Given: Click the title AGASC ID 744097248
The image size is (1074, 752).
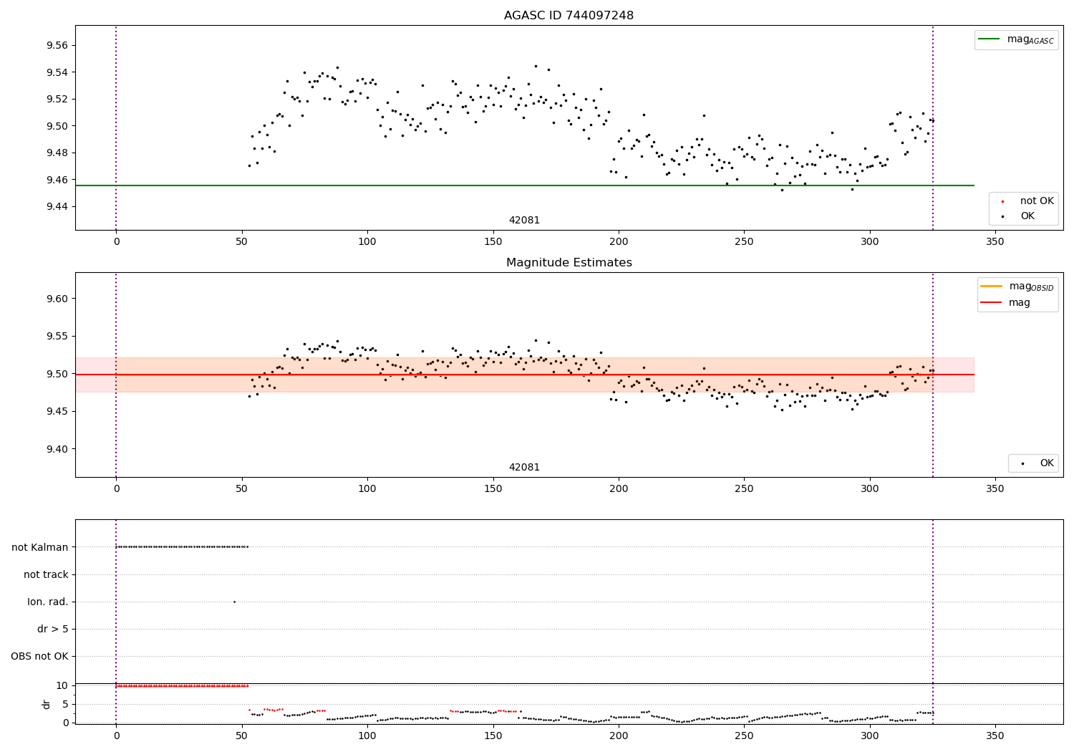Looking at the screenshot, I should (x=569, y=16).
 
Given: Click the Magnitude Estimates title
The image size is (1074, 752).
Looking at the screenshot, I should (x=569, y=263).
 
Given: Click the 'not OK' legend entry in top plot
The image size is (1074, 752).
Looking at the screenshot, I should (x=1036, y=201).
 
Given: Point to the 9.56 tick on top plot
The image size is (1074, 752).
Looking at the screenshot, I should (x=57, y=45).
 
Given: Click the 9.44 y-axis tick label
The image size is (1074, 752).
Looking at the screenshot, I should (x=57, y=206).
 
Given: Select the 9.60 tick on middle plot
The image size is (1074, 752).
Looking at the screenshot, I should (x=57, y=299).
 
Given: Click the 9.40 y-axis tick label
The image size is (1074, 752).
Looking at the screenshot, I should (x=57, y=449).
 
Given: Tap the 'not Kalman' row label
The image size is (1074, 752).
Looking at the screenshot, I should (x=40, y=547).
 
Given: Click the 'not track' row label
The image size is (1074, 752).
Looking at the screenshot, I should (x=46, y=574).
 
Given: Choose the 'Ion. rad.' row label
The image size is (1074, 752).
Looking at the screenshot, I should (x=48, y=602).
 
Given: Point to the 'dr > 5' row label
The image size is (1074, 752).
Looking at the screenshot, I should (x=53, y=629).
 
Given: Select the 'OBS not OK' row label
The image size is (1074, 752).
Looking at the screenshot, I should (x=40, y=656).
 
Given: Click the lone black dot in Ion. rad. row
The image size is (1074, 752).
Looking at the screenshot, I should (x=234, y=602).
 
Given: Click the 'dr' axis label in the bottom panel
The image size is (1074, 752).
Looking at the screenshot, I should (x=47, y=704).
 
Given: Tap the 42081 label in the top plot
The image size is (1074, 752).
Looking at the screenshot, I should (x=524, y=221).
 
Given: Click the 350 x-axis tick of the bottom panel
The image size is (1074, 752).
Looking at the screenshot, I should (x=995, y=736).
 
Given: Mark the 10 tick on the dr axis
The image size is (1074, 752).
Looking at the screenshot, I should (x=62, y=685).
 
